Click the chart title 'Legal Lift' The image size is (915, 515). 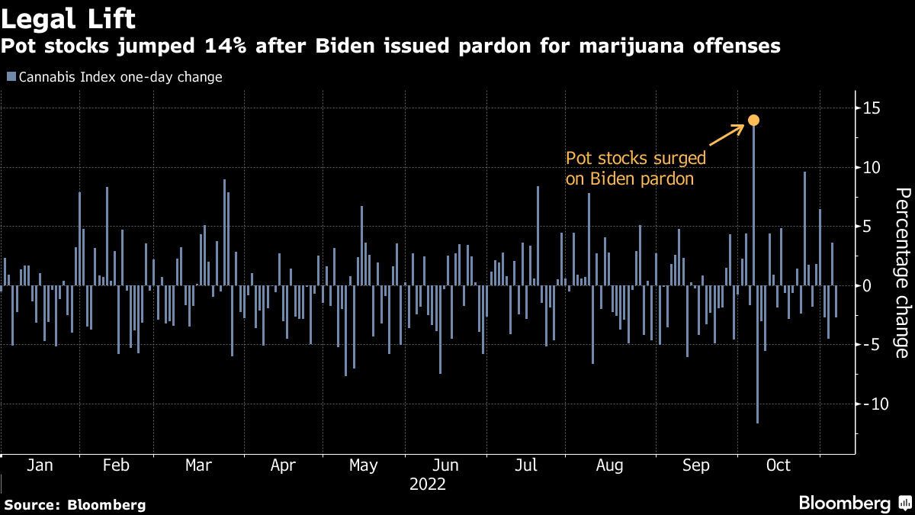[x=69, y=17]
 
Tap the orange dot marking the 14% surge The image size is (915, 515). [x=753, y=120]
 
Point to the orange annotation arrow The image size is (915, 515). [x=727, y=135]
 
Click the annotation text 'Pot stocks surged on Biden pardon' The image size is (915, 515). [x=635, y=169]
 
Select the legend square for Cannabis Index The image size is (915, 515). [x=11, y=77]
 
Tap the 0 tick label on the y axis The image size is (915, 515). [x=867, y=285]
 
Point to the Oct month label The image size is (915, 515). [x=779, y=465]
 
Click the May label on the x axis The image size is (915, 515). [x=363, y=465]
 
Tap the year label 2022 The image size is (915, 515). [x=428, y=484]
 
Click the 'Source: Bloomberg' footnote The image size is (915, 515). [x=75, y=504]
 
